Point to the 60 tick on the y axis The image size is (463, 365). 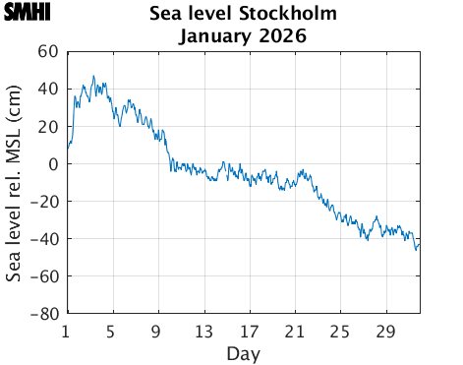click(47, 51)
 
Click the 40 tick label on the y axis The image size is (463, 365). click(47, 89)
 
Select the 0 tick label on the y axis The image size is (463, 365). click(52, 163)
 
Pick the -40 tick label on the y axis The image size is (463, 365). click(44, 239)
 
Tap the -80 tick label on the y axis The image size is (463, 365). click(44, 314)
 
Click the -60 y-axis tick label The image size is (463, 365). click(44, 276)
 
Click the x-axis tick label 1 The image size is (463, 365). click(66, 331)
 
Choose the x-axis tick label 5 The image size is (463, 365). click(111, 331)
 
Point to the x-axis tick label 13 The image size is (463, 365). click(203, 331)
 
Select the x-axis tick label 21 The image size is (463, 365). click(294, 331)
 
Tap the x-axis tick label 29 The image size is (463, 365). click(385, 331)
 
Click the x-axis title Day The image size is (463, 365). click(243, 352)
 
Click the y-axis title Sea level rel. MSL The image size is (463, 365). click(15, 183)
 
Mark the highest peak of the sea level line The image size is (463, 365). click(93, 76)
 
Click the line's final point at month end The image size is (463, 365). click(420, 244)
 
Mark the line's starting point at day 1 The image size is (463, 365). click(67, 149)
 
